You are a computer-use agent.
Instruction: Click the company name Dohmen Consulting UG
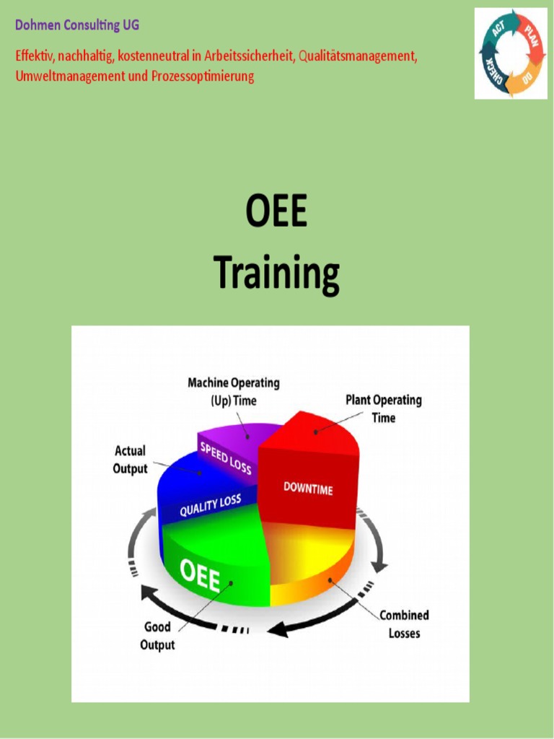coord(77,25)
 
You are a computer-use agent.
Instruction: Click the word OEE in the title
coord(276,214)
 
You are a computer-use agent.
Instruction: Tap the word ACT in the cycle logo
coord(498,30)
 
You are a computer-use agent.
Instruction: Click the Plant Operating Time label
coord(383,408)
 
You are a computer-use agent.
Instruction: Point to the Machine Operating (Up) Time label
coord(233,391)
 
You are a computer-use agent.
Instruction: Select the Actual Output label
coord(130,460)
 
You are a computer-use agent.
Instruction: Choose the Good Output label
coord(157,636)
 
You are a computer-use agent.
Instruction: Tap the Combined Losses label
coord(404,624)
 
